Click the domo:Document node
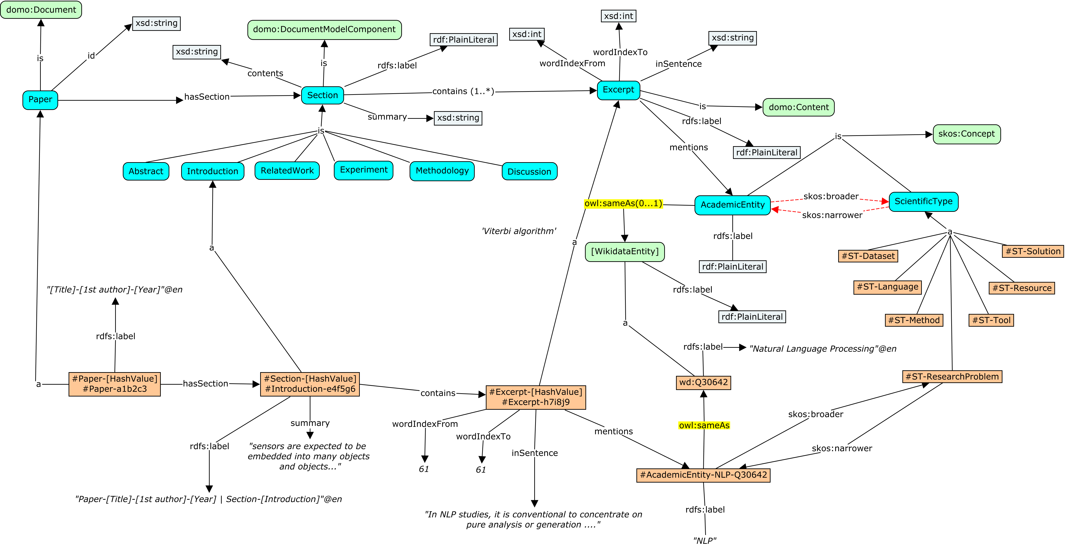[41, 10]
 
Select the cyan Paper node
[40, 100]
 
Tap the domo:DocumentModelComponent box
[325, 30]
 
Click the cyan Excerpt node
[619, 90]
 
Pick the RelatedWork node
[287, 171]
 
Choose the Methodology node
[442, 171]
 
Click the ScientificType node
[924, 202]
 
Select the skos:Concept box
[967, 134]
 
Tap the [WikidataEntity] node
[625, 252]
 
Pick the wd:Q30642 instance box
[703, 382]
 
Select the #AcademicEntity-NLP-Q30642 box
[703, 475]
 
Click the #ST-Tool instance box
[991, 320]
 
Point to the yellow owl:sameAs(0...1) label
[623, 204]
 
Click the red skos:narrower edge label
[832, 215]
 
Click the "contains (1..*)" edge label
[463, 91]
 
